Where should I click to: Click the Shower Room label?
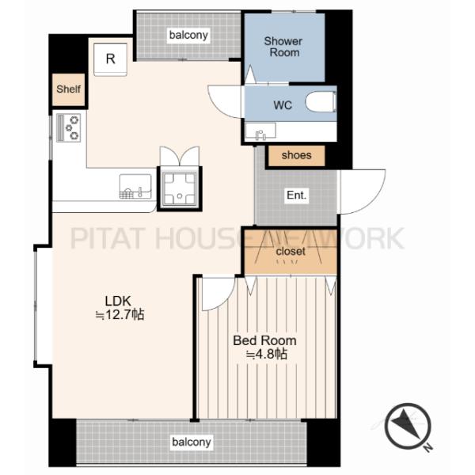coord(283,47)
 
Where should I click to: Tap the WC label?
coord(283,105)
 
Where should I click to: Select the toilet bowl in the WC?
coord(321,102)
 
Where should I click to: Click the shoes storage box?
coord(297,156)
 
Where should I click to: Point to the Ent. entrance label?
coord(297,195)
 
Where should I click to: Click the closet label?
coord(291,251)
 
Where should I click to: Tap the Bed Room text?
coord(264,340)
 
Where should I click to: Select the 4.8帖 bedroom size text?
coord(266,354)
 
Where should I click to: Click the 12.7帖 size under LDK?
coord(120,315)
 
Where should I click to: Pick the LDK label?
coord(118,301)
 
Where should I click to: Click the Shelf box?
coord(68,89)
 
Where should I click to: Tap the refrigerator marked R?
coord(110,59)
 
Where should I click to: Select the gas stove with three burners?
coord(68,127)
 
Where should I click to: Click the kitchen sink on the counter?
coord(135,186)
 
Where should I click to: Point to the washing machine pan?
coord(180,188)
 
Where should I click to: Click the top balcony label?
coord(188,35)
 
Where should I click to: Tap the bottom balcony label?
coord(191,442)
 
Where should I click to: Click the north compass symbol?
coord(408,426)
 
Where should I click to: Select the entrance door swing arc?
coord(369,198)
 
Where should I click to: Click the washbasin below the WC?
coord(260,131)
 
